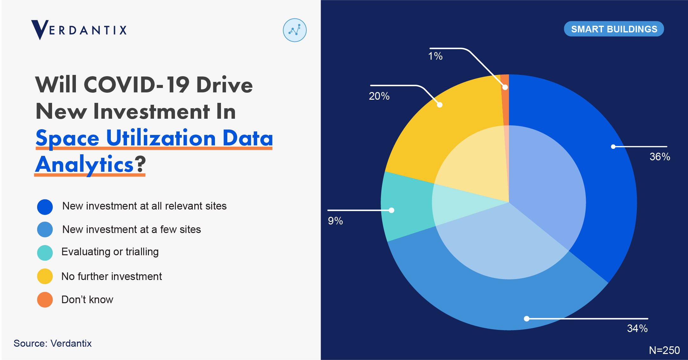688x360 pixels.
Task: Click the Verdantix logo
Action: pos(79,30)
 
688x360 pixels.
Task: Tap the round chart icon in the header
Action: pos(295,30)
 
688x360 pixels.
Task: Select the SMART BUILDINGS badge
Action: pos(614,29)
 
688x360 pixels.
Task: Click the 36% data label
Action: pos(660,157)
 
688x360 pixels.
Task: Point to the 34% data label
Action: pos(637,328)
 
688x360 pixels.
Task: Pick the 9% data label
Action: pos(335,221)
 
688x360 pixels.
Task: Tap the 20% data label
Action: pos(379,96)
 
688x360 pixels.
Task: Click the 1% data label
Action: pos(435,56)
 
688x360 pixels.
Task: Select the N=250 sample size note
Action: pos(664,350)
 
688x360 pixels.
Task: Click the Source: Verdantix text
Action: pos(53,343)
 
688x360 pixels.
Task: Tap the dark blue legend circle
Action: pos(45,207)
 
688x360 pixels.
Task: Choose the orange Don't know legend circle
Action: pos(45,300)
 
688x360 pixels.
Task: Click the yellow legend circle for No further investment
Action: pos(45,276)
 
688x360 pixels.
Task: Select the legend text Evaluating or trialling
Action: pos(110,252)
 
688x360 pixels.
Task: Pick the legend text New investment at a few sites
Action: pos(131,229)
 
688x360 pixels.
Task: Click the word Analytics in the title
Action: pos(84,164)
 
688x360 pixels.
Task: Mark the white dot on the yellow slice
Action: pos(440,105)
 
